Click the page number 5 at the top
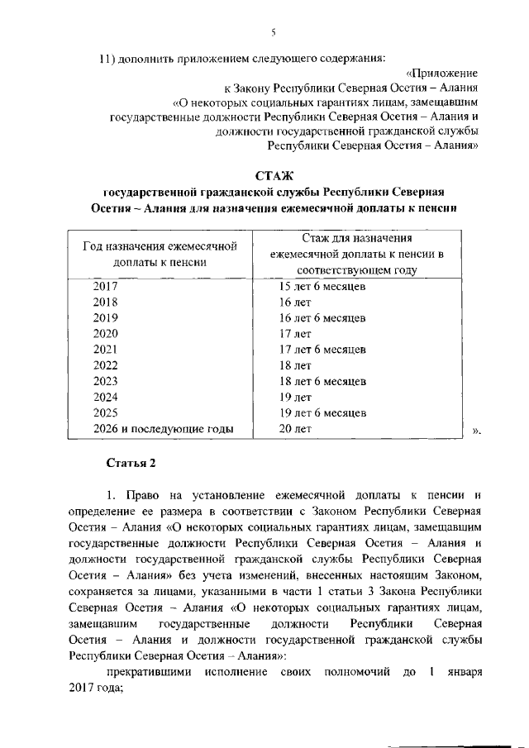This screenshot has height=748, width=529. (x=272, y=32)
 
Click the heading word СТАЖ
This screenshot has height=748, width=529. (x=274, y=175)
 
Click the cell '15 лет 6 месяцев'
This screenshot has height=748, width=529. (x=322, y=287)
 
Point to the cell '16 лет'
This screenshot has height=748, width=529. (x=294, y=303)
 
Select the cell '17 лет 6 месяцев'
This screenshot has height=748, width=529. (x=322, y=350)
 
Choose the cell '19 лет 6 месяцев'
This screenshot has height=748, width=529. (x=322, y=412)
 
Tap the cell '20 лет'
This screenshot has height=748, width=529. (x=295, y=428)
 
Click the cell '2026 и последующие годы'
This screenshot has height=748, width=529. (x=163, y=428)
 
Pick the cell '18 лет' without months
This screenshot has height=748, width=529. (x=294, y=365)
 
